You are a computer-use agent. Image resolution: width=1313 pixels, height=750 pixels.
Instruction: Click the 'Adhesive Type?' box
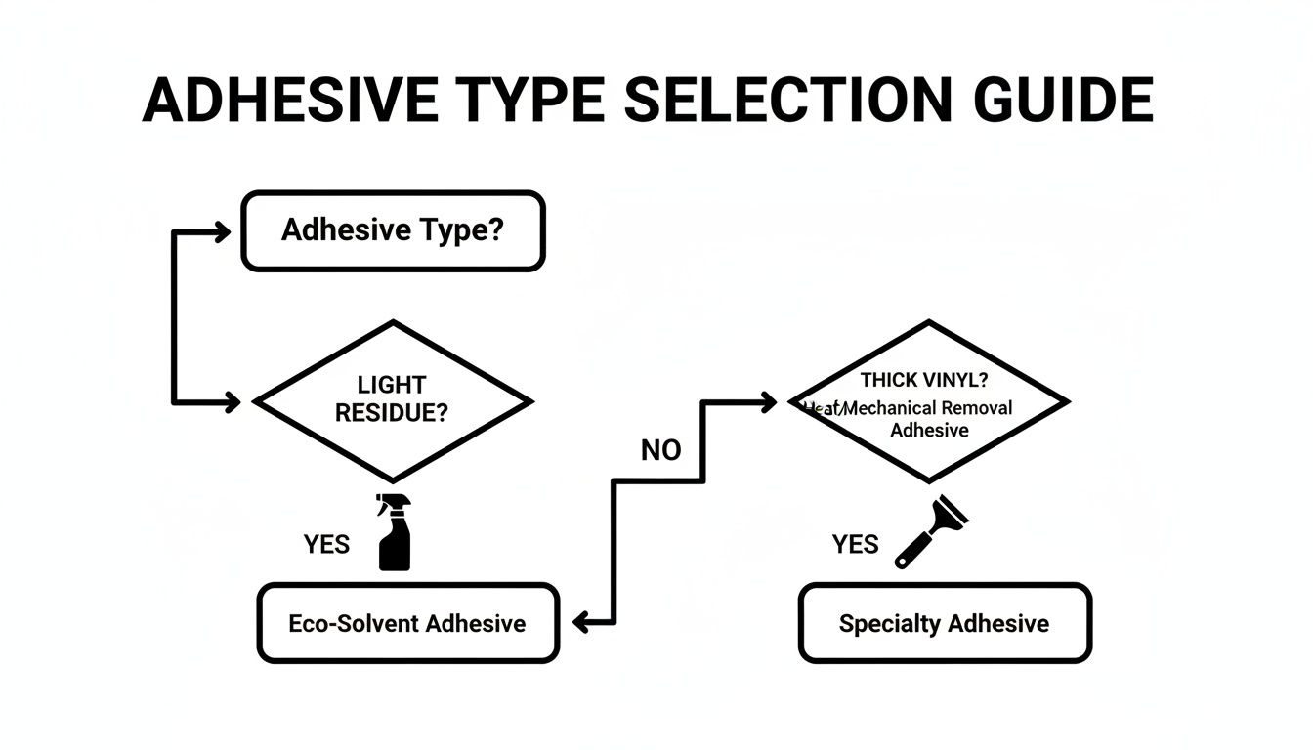point(393,231)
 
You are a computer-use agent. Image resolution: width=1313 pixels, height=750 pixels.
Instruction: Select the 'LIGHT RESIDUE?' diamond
point(393,400)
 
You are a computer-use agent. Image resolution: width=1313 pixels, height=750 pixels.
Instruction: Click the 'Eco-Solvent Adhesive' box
point(407,623)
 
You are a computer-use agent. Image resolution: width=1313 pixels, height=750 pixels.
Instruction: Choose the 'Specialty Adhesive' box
point(944,623)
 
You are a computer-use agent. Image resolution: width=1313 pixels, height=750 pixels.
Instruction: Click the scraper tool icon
point(928,532)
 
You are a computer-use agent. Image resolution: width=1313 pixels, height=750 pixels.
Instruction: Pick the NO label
point(661,450)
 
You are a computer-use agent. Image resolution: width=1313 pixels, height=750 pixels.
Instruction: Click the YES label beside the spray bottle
point(326,544)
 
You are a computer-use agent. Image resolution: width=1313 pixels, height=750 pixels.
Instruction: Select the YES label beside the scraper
point(855,544)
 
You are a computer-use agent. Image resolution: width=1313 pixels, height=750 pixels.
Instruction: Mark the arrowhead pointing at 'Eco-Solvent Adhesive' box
point(580,622)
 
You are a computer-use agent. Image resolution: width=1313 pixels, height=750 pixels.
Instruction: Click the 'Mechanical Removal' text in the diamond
point(927,408)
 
